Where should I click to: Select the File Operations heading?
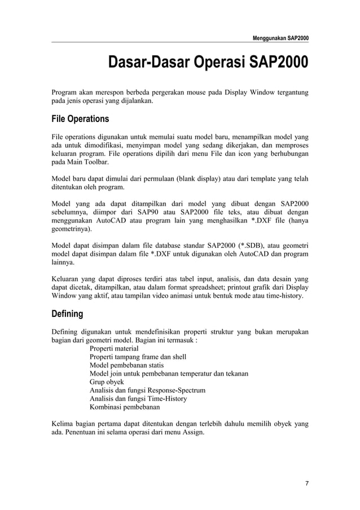pyautogui.click(x=80, y=120)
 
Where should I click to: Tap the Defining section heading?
pyautogui.click(x=67, y=313)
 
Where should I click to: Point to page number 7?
pyautogui.click(x=306, y=483)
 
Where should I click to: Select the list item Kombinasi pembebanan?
pyautogui.click(x=124, y=407)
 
